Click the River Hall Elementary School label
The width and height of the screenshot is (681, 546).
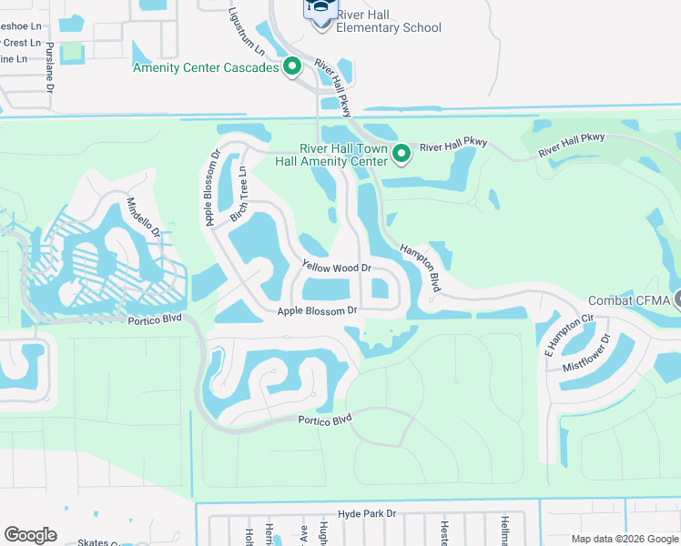click(389, 21)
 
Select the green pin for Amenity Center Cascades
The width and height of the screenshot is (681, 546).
click(292, 66)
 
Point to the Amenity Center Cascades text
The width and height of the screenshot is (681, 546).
click(206, 67)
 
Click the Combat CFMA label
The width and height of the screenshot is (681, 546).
click(629, 301)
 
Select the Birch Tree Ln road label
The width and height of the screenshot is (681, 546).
click(240, 194)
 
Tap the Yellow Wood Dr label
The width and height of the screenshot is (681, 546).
click(337, 268)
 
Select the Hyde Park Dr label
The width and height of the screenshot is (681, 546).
click(368, 513)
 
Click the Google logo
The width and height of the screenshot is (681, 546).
click(30, 534)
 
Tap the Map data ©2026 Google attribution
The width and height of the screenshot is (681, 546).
click(624, 538)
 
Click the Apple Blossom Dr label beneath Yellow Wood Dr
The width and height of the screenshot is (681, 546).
click(316, 310)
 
